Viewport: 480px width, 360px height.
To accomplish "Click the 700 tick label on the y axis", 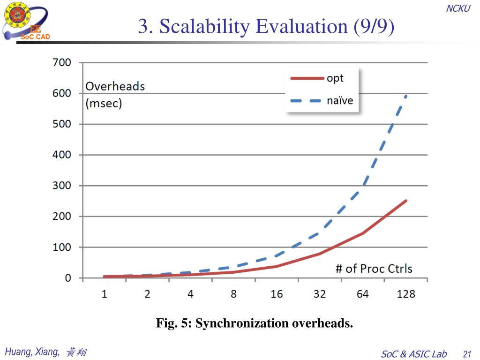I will (x=61, y=62).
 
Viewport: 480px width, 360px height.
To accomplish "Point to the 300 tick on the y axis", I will (x=61, y=186).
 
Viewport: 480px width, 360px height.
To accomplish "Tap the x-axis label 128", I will (x=406, y=294).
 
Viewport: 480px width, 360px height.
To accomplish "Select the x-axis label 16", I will (x=277, y=294).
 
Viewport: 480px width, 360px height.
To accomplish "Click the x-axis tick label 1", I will (x=105, y=294).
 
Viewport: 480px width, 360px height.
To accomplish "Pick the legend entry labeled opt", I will (x=335, y=78).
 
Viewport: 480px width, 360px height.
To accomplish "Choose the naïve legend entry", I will (x=339, y=100).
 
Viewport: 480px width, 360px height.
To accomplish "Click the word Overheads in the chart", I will (x=115, y=86).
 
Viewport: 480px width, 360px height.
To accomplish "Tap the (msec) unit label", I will (x=104, y=103).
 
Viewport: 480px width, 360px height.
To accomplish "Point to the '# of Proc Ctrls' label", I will (x=374, y=269).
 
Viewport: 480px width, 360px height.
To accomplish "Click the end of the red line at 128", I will (x=406, y=201).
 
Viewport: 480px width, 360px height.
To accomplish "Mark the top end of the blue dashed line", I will (x=406, y=95).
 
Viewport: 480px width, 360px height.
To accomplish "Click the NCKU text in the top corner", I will (x=457, y=8).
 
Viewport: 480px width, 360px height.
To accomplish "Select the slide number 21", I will (x=466, y=354).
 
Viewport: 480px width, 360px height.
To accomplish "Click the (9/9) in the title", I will (x=374, y=27).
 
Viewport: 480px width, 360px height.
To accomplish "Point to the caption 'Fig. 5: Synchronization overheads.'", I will (x=255, y=323).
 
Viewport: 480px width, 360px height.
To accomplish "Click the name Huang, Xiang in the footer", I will (x=32, y=352).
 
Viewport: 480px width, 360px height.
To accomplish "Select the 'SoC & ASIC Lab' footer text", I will (x=414, y=354).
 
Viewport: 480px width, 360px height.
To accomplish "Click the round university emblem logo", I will (x=16, y=15).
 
